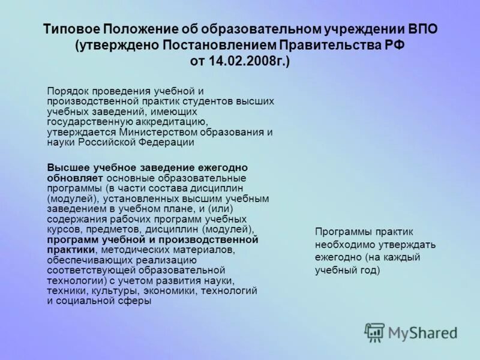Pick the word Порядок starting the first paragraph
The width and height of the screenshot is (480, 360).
pos(67,91)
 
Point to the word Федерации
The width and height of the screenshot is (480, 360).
pos(170,142)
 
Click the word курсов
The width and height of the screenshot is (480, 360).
pos(63,229)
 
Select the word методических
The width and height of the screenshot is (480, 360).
pos(133,250)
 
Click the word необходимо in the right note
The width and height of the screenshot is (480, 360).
pos(345,244)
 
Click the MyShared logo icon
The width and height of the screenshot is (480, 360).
pos(375,332)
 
